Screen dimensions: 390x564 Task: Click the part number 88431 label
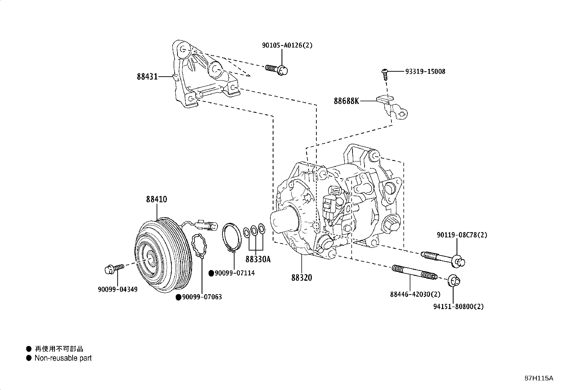pyautogui.click(x=147, y=76)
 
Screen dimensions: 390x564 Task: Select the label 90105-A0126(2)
pyautogui.click(x=287, y=45)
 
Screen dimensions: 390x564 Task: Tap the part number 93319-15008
pyautogui.click(x=425, y=71)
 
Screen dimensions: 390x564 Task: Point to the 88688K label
pyautogui.click(x=346, y=101)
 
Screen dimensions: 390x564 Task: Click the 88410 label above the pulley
pyautogui.click(x=156, y=199)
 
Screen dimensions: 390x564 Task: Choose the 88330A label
pyautogui.click(x=258, y=259)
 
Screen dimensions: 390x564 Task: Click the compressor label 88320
pyautogui.click(x=302, y=278)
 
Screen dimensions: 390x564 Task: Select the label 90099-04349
pyautogui.click(x=118, y=289)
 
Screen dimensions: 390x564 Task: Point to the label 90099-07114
pyautogui.click(x=235, y=273)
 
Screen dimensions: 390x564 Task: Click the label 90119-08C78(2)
pyautogui.click(x=462, y=235)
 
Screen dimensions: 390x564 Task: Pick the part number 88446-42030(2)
pyautogui.click(x=415, y=295)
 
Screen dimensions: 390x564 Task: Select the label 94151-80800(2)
pyautogui.click(x=458, y=306)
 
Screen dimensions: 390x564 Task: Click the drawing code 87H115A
pyautogui.click(x=538, y=378)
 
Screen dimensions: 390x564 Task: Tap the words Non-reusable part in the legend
pyautogui.click(x=63, y=358)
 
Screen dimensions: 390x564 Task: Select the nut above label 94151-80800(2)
pyautogui.click(x=454, y=281)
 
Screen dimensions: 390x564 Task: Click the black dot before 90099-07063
pyautogui.click(x=179, y=297)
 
